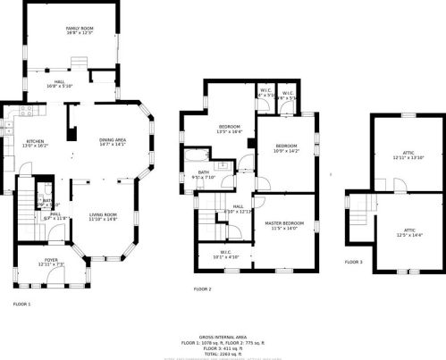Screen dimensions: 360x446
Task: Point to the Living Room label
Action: pyautogui.click(x=103, y=216)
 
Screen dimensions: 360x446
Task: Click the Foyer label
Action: pyautogui.click(x=51, y=263)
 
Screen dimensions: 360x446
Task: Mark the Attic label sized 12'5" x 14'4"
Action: pyautogui.click(x=408, y=232)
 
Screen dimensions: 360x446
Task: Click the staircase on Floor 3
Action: pyautogui.click(x=359, y=213)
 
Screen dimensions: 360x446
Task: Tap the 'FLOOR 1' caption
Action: pyautogui.click(x=21, y=304)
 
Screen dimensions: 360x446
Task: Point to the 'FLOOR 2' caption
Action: pyautogui.click(x=203, y=289)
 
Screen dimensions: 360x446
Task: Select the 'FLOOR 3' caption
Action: pyautogui.click(x=354, y=262)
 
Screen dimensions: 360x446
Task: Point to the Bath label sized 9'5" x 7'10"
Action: pyautogui.click(x=203, y=175)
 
